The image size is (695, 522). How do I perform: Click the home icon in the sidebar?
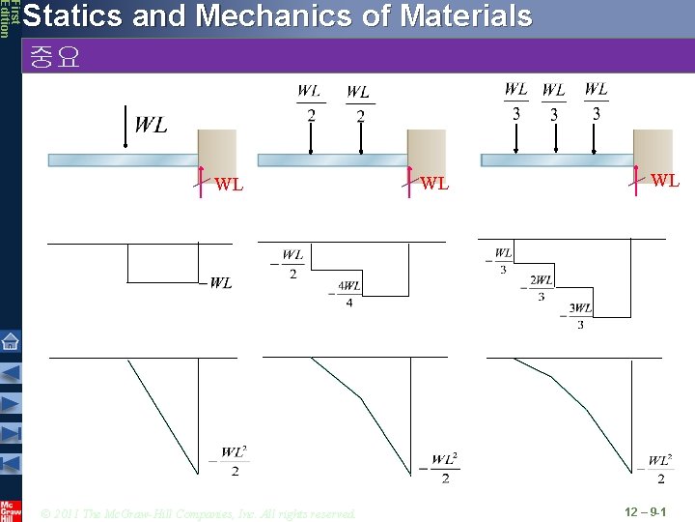click(10, 340)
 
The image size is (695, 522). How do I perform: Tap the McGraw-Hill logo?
click(10, 508)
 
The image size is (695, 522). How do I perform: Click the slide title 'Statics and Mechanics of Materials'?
click(276, 16)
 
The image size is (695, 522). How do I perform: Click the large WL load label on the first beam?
click(151, 125)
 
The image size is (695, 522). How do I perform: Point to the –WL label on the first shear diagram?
click(216, 282)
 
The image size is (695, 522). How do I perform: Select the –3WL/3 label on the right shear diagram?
click(579, 316)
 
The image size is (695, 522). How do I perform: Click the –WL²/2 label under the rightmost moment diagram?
click(657, 469)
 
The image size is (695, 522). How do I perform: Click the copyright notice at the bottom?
click(199, 512)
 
